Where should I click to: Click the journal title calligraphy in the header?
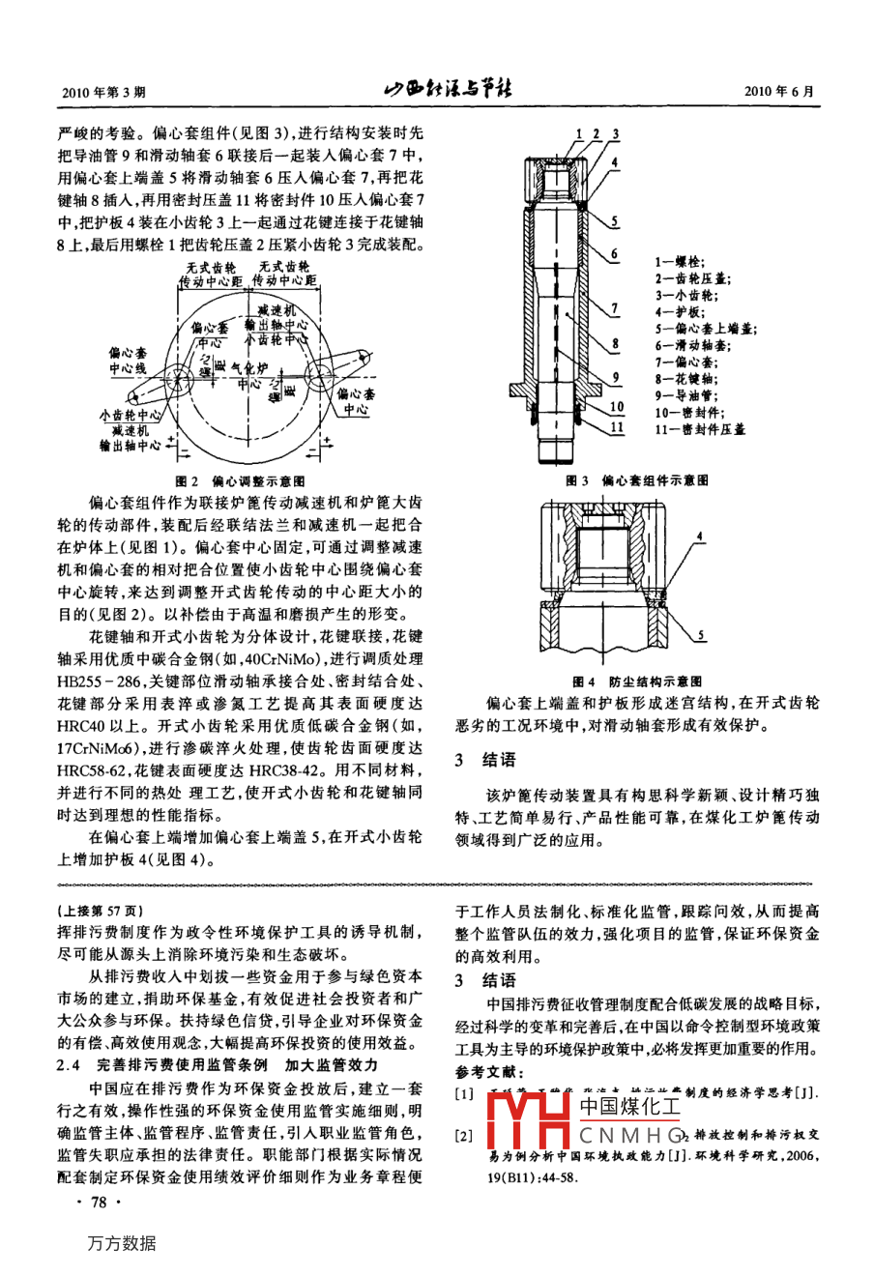pyautogui.click(x=448, y=91)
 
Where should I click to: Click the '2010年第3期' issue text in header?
pyautogui.click(x=102, y=93)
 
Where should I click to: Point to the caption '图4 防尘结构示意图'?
pyautogui.click(x=637, y=681)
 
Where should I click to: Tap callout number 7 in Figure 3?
pyautogui.click(x=616, y=309)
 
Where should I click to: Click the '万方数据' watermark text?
pyautogui.click(x=121, y=1244)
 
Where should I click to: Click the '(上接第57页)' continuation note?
pyautogui.click(x=101, y=912)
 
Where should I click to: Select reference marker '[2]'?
pyautogui.click(x=466, y=1134)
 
